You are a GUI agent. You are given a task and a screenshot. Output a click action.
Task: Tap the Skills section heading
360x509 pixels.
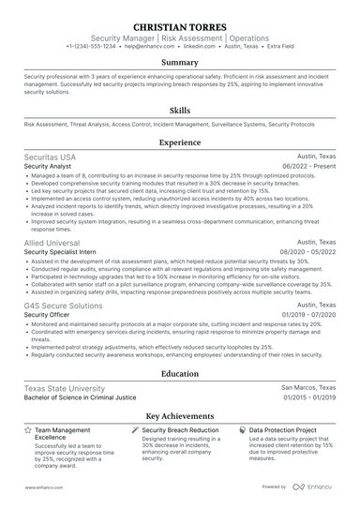(179, 110)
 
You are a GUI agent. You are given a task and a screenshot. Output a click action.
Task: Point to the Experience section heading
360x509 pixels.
(179, 143)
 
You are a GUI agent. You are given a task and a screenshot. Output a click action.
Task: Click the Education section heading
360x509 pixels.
(179, 372)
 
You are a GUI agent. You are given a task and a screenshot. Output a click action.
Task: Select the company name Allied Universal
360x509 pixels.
(52, 242)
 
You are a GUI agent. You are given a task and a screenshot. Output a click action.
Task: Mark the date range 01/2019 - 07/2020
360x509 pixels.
(307, 316)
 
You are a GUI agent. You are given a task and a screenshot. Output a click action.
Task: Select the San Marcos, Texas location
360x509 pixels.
(308, 387)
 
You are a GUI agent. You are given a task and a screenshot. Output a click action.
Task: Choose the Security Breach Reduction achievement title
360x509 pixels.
(185, 429)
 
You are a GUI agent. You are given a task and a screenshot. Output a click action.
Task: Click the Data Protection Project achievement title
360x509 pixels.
(290, 429)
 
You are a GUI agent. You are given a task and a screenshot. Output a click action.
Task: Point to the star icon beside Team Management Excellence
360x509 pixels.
(26, 429)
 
